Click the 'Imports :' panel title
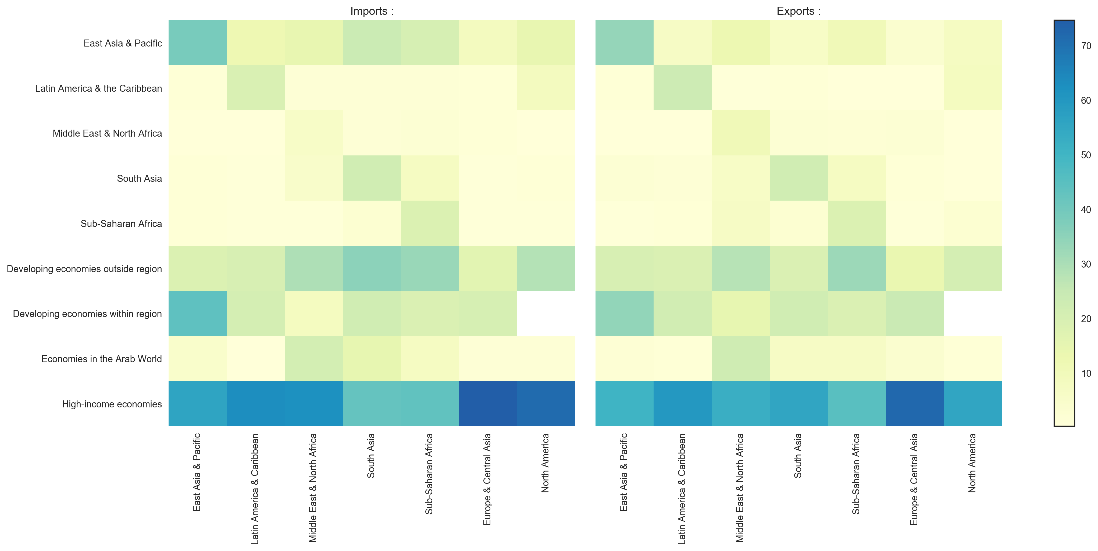click(372, 11)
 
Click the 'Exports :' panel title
click(798, 11)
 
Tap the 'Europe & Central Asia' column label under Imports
click(487, 479)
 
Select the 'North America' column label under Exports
click(972, 463)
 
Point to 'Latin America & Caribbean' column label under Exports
click(682, 488)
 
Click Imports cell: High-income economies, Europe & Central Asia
click(488, 403)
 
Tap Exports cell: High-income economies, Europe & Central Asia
click(915, 403)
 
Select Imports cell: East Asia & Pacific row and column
click(197, 43)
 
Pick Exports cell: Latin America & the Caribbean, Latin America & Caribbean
click(682, 88)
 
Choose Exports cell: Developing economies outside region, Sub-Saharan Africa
click(857, 268)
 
